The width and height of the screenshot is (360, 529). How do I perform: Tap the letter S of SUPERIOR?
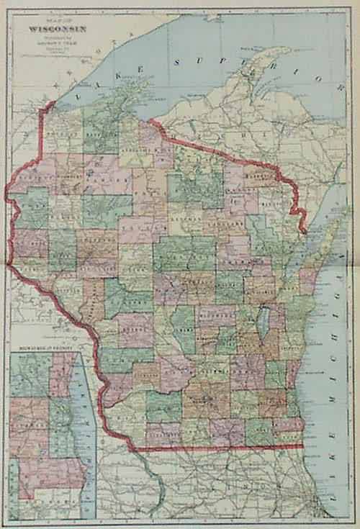coord(178,64)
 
